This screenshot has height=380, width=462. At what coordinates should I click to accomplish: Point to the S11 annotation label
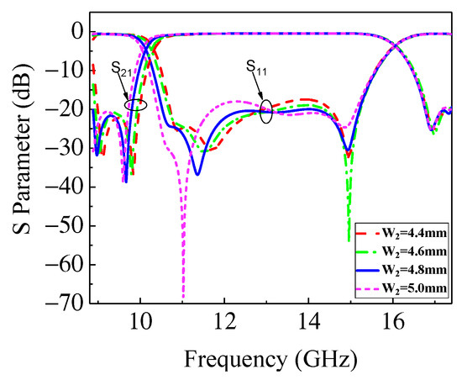[x=258, y=66]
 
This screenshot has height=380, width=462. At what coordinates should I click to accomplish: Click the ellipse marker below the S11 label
[x=266, y=112]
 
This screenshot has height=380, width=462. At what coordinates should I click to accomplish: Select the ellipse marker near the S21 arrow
[x=135, y=104]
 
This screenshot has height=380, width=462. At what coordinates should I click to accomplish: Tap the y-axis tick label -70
[x=67, y=303]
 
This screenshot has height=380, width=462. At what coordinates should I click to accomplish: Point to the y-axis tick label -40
[x=67, y=187]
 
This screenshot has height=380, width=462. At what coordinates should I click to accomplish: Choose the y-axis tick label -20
[x=67, y=109]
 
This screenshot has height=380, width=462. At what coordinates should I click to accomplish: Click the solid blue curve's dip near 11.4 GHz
[x=197, y=173]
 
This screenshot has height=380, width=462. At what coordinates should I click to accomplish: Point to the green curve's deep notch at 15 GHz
[x=349, y=239]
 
